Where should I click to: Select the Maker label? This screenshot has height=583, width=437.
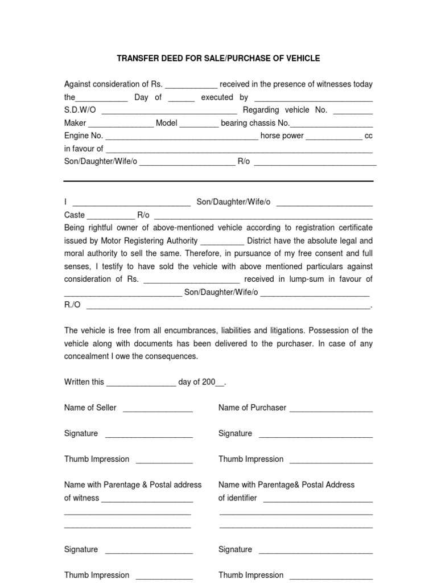(75, 123)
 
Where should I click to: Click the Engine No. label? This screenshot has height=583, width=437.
(83, 136)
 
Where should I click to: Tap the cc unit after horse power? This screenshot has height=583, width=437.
(369, 136)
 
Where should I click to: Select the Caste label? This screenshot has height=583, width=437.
(75, 215)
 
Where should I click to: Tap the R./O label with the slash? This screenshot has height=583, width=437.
(72, 305)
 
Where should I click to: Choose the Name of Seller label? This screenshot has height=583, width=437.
(90, 408)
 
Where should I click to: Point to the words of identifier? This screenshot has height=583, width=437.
(238, 498)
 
